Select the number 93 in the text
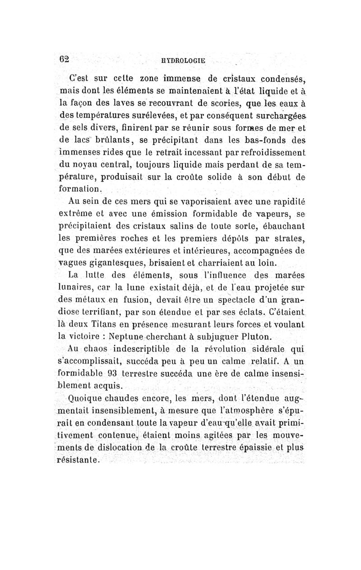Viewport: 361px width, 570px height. click(x=115, y=374)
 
